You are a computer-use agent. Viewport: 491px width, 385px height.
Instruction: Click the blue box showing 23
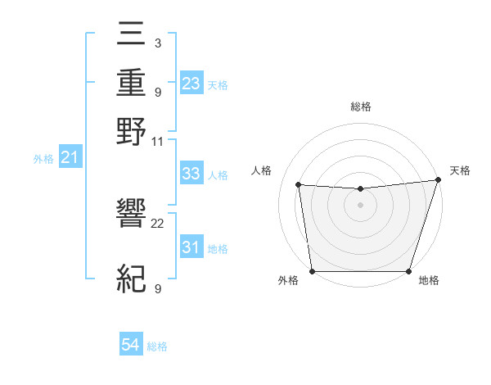click(x=191, y=83)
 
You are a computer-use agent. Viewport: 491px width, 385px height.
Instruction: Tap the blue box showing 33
click(x=191, y=174)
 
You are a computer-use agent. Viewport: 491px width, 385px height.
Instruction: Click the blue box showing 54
click(x=131, y=346)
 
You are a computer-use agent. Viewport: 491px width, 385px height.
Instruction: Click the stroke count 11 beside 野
click(x=158, y=141)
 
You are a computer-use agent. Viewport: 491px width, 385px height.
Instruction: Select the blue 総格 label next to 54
click(x=157, y=346)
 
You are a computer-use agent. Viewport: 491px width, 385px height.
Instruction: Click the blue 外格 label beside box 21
click(x=43, y=158)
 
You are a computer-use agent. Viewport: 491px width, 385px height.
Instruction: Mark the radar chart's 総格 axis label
click(x=360, y=106)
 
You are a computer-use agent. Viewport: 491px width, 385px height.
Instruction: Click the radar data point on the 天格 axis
click(x=438, y=180)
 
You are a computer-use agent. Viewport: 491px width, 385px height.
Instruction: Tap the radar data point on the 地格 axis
click(x=408, y=271)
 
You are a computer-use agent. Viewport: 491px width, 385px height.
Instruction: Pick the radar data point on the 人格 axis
click(x=299, y=185)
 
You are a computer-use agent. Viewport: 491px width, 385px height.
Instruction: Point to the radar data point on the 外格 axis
click(x=312, y=271)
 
